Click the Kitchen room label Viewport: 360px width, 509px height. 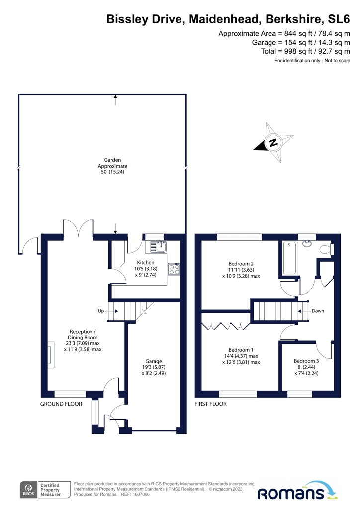tap(146, 262)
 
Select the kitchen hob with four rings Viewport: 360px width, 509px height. tap(174, 269)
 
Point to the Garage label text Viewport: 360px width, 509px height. tap(153, 361)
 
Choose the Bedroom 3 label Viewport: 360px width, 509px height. tap(306, 361)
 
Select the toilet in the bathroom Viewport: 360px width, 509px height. tap(326, 249)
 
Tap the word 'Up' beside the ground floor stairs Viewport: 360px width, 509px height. tap(101, 311)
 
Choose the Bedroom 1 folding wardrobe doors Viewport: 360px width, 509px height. tap(225, 326)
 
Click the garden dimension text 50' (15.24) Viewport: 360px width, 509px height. tap(112, 172)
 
